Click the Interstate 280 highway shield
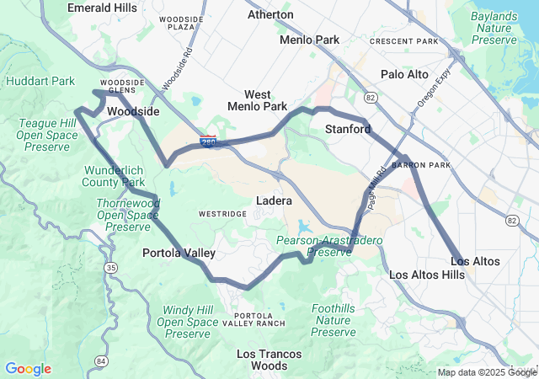pyautogui.click(x=207, y=144)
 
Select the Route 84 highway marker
pyautogui.click(x=101, y=361)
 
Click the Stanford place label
pyautogui.click(x=348, y=129)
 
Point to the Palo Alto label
pyautogui.click(x=404, y=74)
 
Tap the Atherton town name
pyautogui.click(x=270, y=14)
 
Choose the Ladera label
pyautogui.click(x=274, y=201)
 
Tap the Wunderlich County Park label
pyautogui.click(x=115, y=176)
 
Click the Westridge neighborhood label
pyautogui.click(x=222, y=214)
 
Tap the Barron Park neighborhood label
pyautogui.click(x=427, y=165)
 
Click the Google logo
pyautogui.click(x=28, y=369)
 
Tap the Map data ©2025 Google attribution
pyautogui.click(x=486, y=372)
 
